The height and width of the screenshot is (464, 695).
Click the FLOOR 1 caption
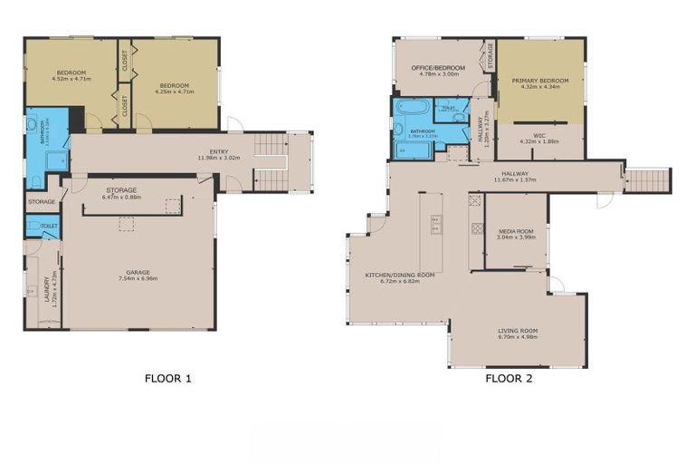[x=168, y=379]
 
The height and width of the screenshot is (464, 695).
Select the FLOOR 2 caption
[x=508, y=379]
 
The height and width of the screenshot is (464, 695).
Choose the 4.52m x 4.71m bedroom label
[x=71, y=75]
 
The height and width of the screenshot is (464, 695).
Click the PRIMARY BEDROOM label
[x=539, y=83]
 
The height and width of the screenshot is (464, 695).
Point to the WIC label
[x=539, y=139]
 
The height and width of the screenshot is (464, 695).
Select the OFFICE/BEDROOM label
[x=438, y=71]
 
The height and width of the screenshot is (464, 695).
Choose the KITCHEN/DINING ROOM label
[x=400, y=276]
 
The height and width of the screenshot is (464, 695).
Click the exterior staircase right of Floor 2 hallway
[x=649, y=179]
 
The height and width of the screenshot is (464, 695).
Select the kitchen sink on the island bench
[x=436, y=223]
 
